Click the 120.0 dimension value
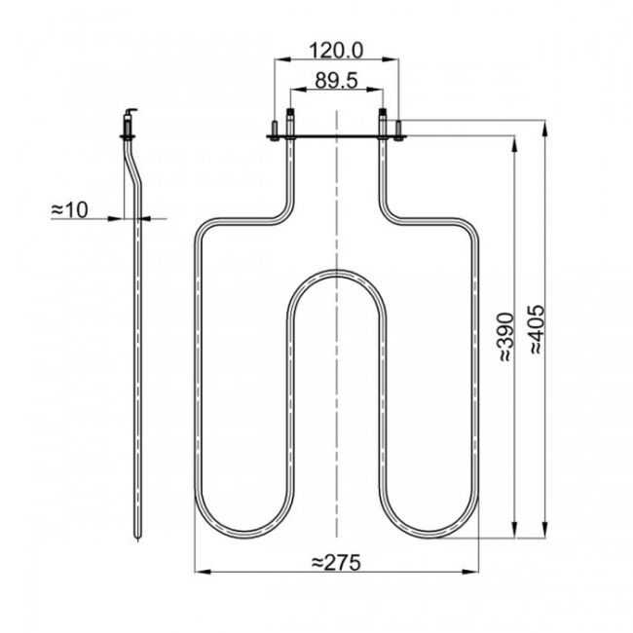click(x=335, y=49)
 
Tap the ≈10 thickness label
click(x=69, y=208)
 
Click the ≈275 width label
click(x=335, y=562)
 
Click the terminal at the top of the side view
click(x=130, y=123)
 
